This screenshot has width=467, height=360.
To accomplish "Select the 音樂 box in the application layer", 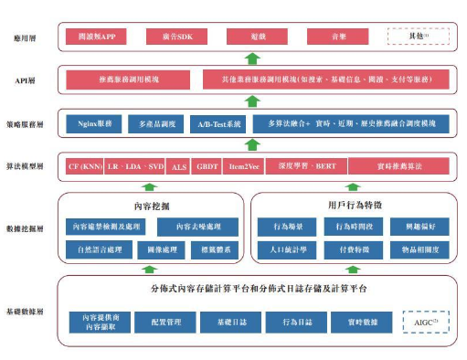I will point(339,37).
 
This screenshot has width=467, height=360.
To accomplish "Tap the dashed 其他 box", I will point(419,37).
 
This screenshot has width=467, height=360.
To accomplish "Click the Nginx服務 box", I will point(93,122).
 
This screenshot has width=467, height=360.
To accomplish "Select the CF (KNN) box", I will point(85,168).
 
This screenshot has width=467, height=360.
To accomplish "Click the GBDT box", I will point(208,168).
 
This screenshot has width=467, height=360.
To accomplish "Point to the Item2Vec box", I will point(244,168).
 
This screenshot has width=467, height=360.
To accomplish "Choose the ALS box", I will point(179,168).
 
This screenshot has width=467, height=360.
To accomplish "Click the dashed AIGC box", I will point(425,323).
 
